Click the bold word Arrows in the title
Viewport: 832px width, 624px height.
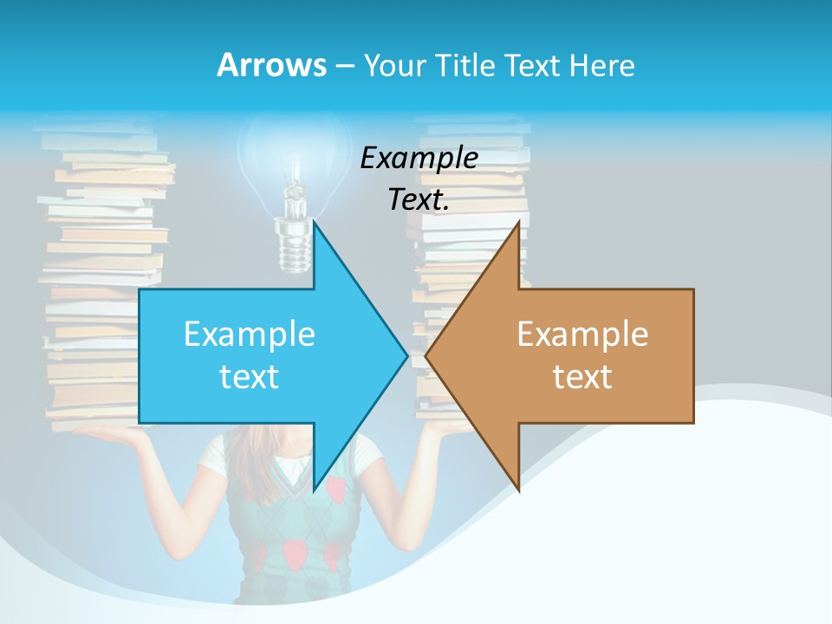270,65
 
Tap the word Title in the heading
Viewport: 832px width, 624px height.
464,65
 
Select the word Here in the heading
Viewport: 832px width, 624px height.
601,65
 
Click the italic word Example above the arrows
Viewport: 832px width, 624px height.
419,158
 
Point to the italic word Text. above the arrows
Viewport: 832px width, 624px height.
419,200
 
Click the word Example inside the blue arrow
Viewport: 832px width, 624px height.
249,334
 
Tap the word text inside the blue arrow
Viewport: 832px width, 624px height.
249,376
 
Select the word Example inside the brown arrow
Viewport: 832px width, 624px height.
582,334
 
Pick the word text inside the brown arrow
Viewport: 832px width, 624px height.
582,376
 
